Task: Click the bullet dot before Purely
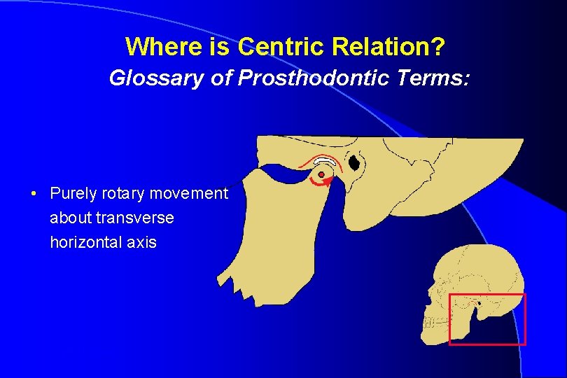34,193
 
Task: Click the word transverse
135,218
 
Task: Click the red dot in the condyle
321,174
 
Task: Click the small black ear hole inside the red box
479,302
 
